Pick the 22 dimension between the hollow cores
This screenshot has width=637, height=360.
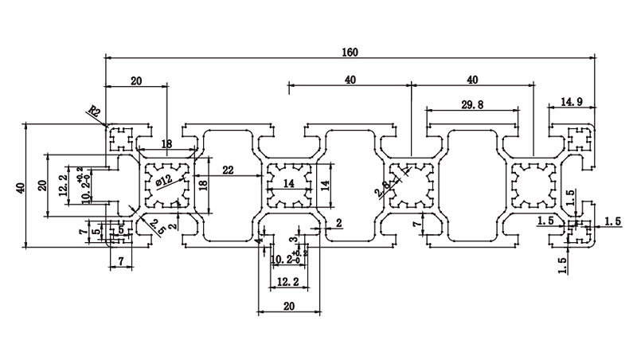(x=228, y=170)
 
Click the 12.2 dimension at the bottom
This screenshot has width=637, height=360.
(x=287, y=282)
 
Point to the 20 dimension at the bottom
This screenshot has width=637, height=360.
(x=287, y=306)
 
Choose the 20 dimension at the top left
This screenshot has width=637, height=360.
(x=136, y=81)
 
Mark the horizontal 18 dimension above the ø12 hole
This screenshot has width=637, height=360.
(x=166, y=145)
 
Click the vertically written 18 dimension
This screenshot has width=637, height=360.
(x=203, y=184)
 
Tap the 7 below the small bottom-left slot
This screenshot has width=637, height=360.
(x=120, y=261)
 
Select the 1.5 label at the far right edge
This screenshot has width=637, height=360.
(x=612, y=221)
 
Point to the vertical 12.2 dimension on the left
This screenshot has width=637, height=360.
(x=62, y=184)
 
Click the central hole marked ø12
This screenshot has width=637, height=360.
(x=167, y=184)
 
